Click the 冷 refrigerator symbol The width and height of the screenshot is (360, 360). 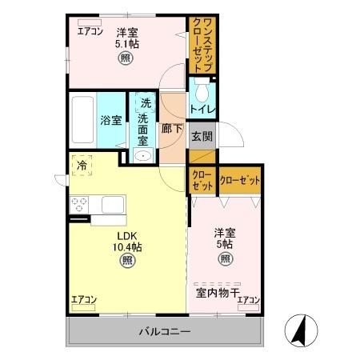coord(82,164)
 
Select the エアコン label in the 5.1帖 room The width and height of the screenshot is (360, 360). coord(90,32)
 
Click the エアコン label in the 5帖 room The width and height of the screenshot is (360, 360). coord(248,299)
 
